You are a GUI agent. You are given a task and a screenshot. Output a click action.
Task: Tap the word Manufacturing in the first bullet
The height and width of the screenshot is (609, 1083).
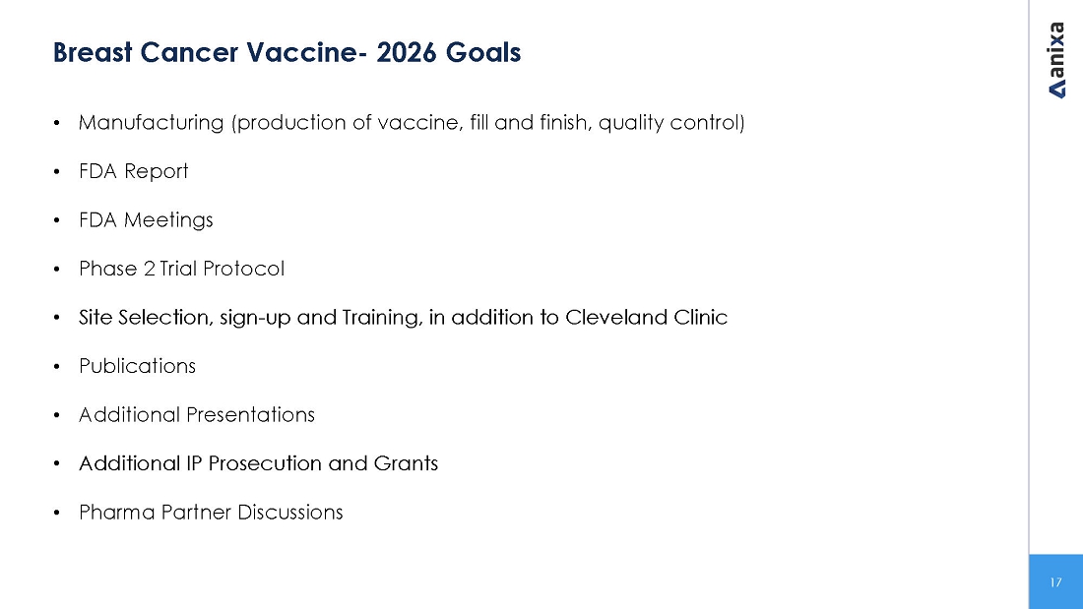click(x=152, y=123)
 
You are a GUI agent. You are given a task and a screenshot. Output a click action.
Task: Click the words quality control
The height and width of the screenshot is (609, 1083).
click(x=672, y=123)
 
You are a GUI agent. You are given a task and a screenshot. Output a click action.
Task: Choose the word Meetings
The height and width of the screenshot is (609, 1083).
click(x=168, y=220)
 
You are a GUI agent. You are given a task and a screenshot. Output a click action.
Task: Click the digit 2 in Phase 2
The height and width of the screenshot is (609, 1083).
click(x=150, y=269)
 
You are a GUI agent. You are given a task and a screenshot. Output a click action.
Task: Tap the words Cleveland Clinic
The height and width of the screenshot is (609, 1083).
click(x=647, y=317)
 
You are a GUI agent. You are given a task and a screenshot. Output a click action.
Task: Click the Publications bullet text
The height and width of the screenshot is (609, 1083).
click(x=138, y=366)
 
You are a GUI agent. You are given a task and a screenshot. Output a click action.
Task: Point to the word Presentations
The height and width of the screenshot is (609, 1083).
click(x=251, y=415)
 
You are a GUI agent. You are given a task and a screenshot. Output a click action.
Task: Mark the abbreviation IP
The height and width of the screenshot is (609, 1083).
click(x=193, y=463)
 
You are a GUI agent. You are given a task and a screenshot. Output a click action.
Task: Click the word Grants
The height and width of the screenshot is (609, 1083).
click(x=406, y=463)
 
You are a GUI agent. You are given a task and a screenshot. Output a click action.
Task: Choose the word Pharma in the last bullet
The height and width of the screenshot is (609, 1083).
click(x=117, y=513)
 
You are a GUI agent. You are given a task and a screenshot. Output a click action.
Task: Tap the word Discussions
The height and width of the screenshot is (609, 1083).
click(x=290, y=513)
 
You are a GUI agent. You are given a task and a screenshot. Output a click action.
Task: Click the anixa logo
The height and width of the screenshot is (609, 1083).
click(x=1056, y=60)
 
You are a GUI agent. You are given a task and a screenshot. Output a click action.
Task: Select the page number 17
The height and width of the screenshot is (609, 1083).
click(x=1055, y=582)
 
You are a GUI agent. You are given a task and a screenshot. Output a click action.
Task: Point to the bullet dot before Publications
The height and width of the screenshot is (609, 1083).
click(x=57, y=367)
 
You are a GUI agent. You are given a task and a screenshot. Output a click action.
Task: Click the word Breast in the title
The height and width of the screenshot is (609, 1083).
click(x=93, y=52)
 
